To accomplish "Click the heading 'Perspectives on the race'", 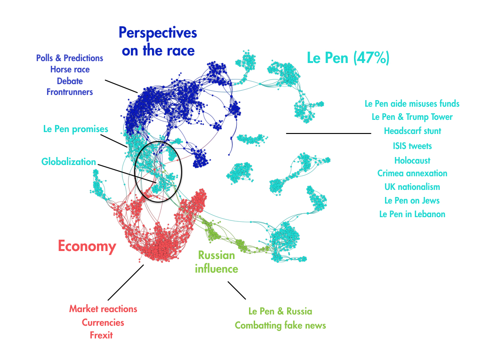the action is pos(158,41).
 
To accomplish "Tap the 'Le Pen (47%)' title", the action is pos(348,58).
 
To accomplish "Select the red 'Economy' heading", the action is pos(87,246).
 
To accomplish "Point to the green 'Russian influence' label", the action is pos(217,262).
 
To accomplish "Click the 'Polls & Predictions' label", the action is pos(70,58).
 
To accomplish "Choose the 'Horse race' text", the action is pos(70,70).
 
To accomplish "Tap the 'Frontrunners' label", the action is pos(70,92).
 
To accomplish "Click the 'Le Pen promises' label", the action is pos(76,129).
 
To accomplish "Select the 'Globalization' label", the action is pos(69,162).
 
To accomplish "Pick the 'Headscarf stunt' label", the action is pos(412,131).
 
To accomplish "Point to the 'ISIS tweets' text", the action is pos(412,146).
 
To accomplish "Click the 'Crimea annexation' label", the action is pos(412,173).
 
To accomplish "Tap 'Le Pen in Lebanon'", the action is pos(412,214).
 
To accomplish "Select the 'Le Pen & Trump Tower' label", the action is pos(412,117).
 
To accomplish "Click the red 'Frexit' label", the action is pos(101,335).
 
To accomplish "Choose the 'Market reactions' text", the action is pos(103,309).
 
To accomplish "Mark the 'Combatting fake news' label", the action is pos(281,325).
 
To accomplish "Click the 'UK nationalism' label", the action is pos(412,187).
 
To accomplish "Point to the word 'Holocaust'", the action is pos(412,160).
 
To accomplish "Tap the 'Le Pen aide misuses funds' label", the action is pos(412,103).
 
